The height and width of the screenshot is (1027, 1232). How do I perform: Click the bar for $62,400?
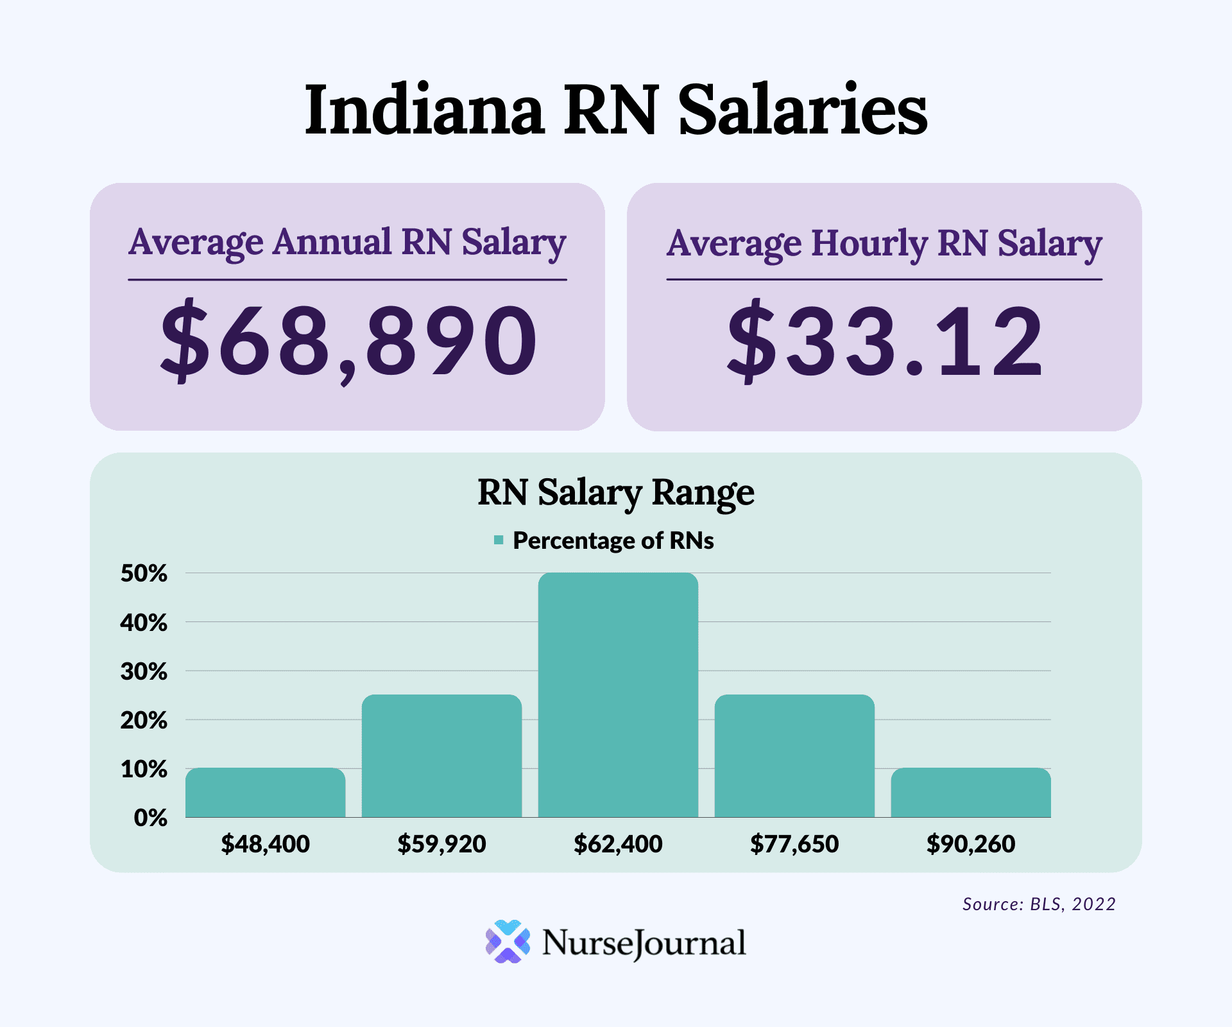pyautogui.click(x=618, y=695)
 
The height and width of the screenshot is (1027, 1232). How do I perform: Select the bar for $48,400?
pyautogui.click(x=265, y=793)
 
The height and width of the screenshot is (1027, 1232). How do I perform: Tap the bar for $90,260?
pyautogui.click(x=970, y=793)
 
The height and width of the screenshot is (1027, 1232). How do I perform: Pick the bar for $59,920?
pyautogui.click(x=441, y=756)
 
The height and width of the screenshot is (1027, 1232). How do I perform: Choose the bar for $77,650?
pyautogui.click(x=794, y=756)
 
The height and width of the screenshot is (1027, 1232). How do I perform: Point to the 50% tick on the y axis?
pyautogui.click(x=144, y=573)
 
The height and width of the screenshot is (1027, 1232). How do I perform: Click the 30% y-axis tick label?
pyautogui.click(x=144, y=671)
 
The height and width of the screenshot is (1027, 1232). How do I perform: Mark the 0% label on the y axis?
pyautogui.click(x=150, y=818)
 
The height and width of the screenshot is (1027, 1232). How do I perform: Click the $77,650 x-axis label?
pyautogui.click(x=794, y=843)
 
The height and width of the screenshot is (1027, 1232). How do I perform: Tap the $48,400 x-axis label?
pyautogui.click(x=265, y=843)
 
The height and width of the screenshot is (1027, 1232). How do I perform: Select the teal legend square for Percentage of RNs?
pyautogui.click(x=499, y=540)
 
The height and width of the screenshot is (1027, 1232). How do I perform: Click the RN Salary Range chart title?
pyautogui.click(x=616, y=493)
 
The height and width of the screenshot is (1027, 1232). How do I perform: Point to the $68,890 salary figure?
pyautogui.click(x=348, y=340)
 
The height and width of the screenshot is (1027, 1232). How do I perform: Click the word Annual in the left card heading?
pyautogui.click(x=332, y=243)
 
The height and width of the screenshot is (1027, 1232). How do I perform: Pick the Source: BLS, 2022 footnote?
pyautogui.click(x=1039, y=904)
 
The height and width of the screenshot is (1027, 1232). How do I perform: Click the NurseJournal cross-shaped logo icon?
pyautogui.click(x=508, y=942)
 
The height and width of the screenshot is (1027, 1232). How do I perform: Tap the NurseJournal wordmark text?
pyautogui.click(x=644, y=943)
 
